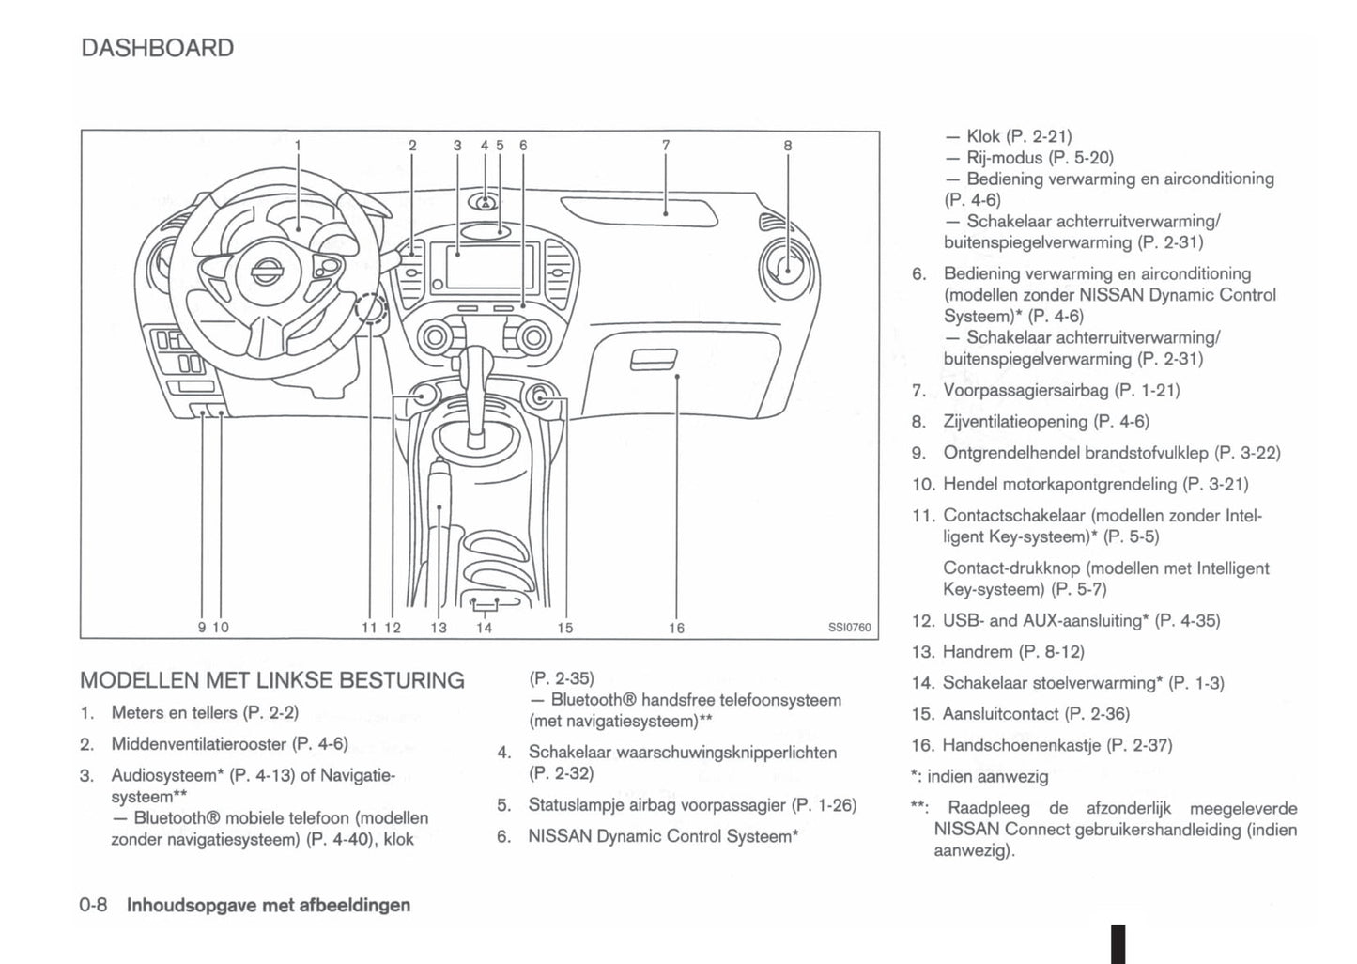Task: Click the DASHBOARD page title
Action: point(157,48)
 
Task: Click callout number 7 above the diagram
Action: point(666,145)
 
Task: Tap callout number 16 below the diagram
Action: point(676,628)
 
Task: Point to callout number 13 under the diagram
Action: point(439,628)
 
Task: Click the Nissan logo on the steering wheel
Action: point(264,273)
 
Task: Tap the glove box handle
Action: point(654,360)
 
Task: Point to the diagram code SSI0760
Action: point(849,628)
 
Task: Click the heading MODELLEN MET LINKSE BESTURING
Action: point(272,680)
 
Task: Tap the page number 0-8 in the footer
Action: point(94,905)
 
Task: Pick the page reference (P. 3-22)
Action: point(1247,453)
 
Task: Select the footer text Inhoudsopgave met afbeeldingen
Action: point(269,905)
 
